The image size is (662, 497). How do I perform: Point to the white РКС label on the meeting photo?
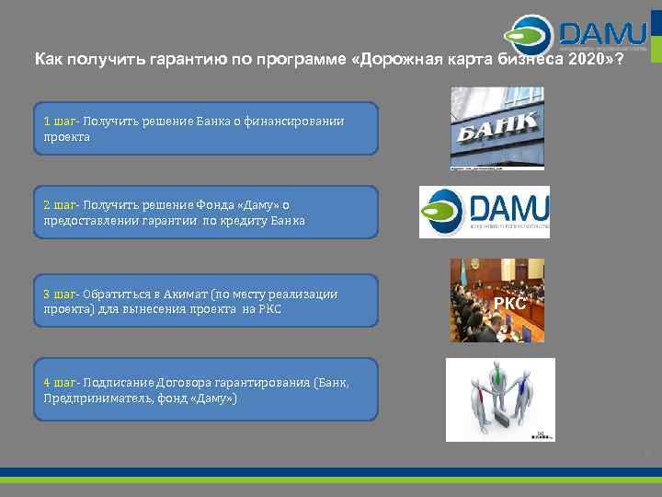point(509,303)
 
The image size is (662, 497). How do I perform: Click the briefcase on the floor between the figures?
point(505,420)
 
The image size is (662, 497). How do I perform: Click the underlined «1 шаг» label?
point(60,121)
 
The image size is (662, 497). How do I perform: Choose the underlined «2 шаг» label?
point(60,205)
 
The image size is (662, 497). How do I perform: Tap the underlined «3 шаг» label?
point(60,295)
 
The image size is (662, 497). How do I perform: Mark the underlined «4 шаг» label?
point(60,382)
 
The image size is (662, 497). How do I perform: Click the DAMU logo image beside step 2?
point(485,212)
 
